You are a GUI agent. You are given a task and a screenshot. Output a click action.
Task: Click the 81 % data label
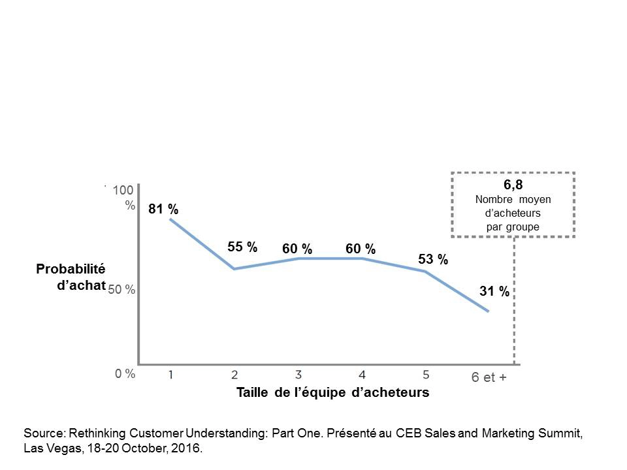[163, 210]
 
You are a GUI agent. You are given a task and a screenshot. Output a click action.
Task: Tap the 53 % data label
[432, 260]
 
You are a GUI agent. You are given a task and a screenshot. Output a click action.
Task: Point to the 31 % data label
[494, 292]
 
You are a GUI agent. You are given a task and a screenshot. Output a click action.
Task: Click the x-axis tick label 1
[170, 375]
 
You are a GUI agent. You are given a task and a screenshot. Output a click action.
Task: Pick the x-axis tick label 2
[234, 375]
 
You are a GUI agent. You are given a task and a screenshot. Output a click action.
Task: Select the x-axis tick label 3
[298, 375]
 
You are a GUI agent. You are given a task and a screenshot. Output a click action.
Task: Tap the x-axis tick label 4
[362, 375]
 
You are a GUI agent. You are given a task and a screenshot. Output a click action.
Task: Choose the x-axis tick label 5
[425, 375]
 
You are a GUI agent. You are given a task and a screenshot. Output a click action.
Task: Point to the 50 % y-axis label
[122, 290]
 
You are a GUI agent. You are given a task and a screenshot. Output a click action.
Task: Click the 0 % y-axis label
[125, 374]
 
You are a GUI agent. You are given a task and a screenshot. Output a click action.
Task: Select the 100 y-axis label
[123, 191]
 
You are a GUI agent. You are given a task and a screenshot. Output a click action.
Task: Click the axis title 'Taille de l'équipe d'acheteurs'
[332, 393]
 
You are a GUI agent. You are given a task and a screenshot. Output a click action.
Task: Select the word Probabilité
[71, 269]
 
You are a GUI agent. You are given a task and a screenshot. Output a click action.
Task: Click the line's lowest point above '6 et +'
[488, 311]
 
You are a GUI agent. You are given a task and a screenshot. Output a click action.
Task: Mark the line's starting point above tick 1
[170, 219]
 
